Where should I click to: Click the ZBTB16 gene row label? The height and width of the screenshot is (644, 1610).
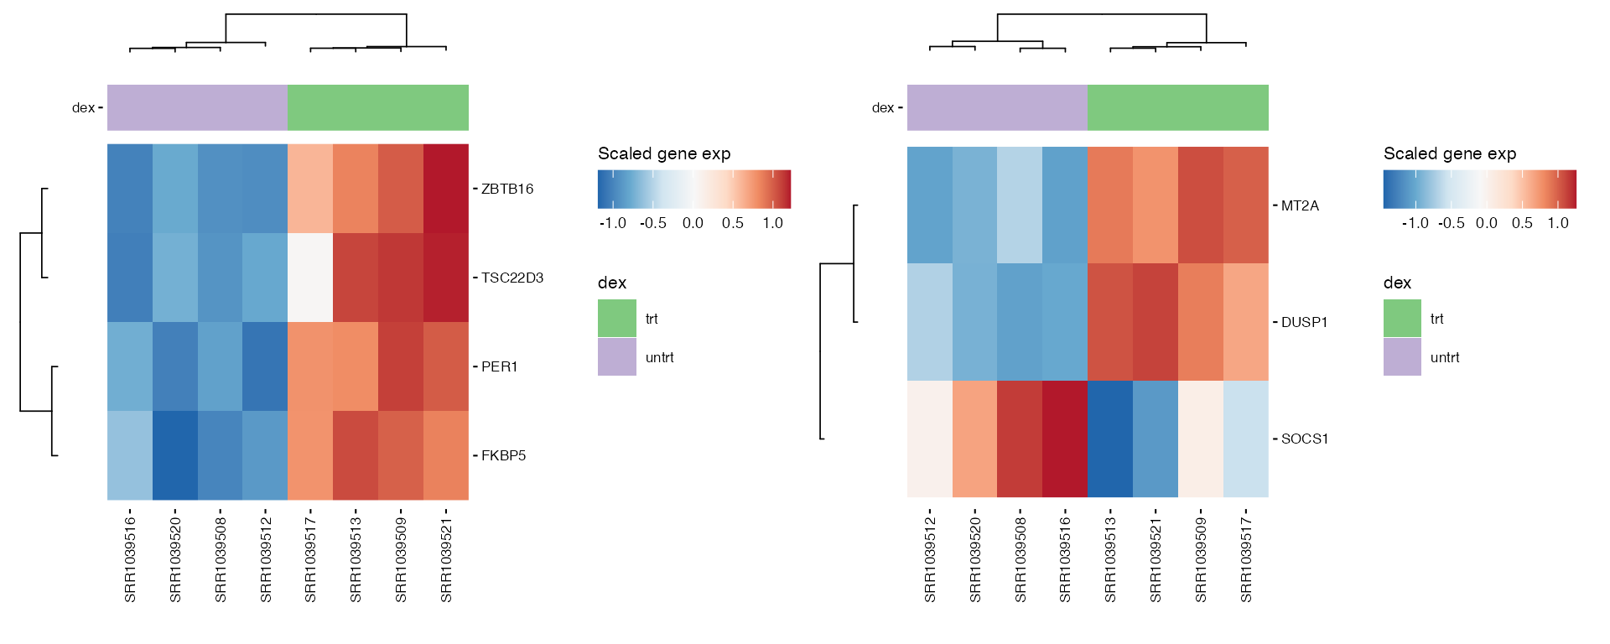click(507, 189)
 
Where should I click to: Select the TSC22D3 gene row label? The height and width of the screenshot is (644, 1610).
click(512, 278)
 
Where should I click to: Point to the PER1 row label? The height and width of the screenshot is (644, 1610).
click(500, 366)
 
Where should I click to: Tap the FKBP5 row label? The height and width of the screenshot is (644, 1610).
click(504, 455)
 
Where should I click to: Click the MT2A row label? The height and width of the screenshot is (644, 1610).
click(1301, 205)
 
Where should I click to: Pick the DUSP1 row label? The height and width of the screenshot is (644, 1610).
click(1305, 322)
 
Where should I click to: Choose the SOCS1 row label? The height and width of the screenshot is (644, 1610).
click(1305, 439)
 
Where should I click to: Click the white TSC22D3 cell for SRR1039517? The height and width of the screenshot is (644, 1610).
click(310, 278)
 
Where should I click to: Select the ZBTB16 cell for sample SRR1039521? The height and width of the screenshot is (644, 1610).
click(446, 189)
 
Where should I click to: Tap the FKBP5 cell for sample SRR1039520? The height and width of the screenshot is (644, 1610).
click(175, 455)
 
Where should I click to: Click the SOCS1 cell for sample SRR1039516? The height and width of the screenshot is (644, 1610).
click(1065, 439)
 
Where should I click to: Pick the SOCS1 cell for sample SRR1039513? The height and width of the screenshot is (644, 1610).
click(1110, 439)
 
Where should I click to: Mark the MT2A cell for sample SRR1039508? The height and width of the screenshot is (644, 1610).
click(1020, 205)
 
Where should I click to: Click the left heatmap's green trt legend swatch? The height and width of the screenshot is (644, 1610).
click(617, 319)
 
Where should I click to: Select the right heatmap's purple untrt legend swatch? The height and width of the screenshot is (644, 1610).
click(1402, 357)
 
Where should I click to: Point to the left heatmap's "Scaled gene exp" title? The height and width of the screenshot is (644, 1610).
click(664, 153)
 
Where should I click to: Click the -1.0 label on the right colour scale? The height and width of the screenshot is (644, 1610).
click(1415, 223)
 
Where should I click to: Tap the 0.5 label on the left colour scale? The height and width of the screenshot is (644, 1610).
click(733, 223)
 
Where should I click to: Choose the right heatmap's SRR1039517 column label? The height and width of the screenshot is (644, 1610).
click(1246, 560)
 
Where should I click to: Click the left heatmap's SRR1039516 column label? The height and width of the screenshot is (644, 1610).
click(130, 560)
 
